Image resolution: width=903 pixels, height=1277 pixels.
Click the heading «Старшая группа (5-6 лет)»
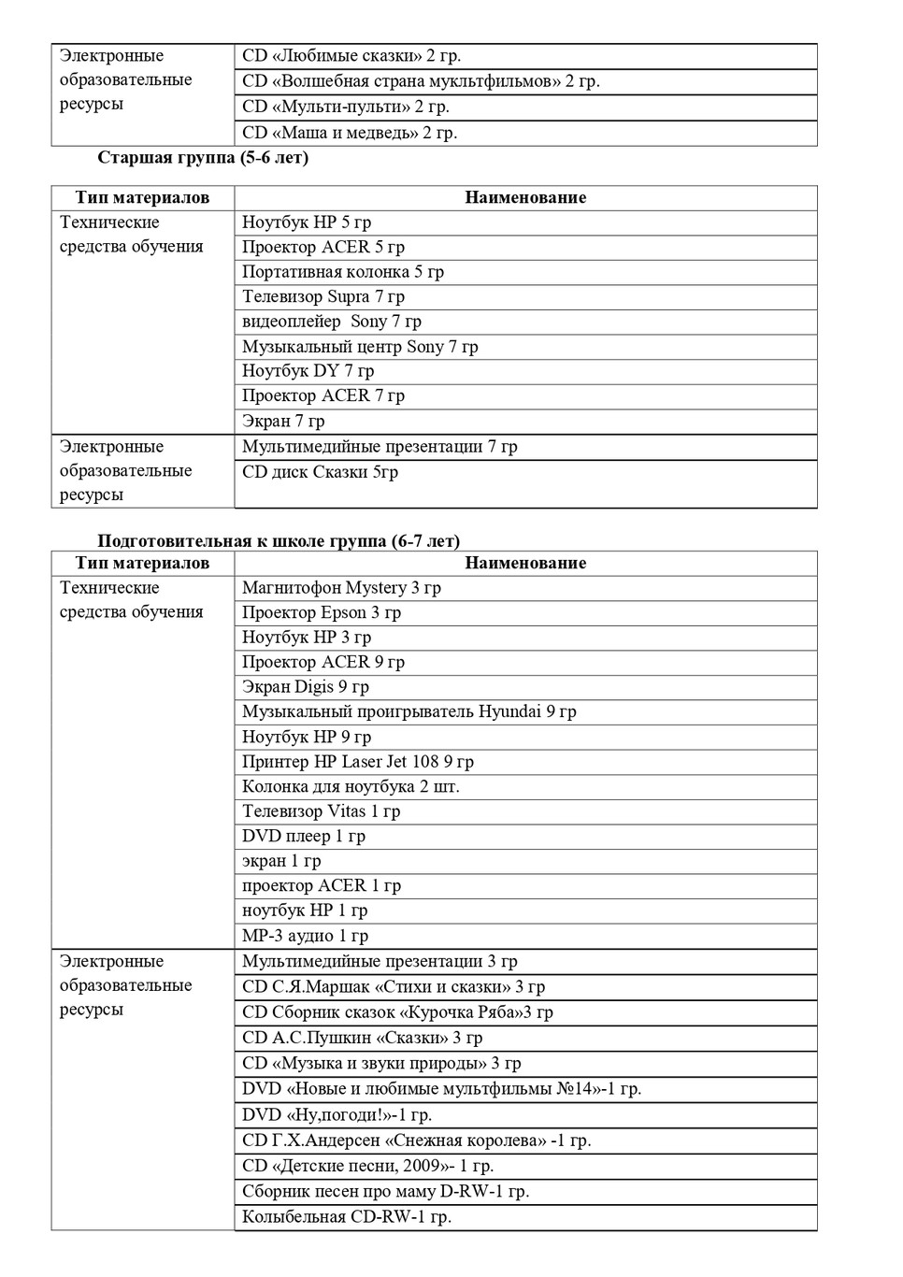[x=203, y=158]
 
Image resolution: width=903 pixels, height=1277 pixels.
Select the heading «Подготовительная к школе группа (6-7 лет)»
[x=279, y=541]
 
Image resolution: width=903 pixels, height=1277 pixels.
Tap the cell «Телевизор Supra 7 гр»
[x=323, y=297]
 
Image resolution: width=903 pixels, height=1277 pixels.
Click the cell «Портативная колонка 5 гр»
[x=343, y=272]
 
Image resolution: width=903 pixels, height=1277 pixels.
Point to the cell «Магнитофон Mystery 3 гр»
[x=341, y=588]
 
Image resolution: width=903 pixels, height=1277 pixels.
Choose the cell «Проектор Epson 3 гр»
[x=322, y=613]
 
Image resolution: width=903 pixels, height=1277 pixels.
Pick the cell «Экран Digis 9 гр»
[x=306, y=687]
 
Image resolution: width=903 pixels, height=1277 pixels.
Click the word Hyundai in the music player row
[x=509, y=711]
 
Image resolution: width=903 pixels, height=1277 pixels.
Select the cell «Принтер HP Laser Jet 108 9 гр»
[x=358, y=762]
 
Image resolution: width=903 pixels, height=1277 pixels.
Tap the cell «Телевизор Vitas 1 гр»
[x=321, y=811]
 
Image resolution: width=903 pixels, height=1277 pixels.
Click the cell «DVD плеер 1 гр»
[x=304, y=837]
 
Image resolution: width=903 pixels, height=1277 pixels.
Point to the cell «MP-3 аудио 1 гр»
[x=306, y=936]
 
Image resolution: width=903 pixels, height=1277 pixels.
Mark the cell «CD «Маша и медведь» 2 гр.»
[x=350, y=133]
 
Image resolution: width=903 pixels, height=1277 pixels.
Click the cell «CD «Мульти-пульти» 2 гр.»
[x=346, y=107]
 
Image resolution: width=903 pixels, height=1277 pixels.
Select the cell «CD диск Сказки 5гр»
[x=320, y=472]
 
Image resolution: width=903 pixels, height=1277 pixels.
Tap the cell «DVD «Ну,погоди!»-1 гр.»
[x=337, y=1115]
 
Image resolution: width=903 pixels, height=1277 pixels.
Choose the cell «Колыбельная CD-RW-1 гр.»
[x=347, y=1217]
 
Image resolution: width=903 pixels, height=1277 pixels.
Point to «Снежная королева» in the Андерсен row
[x=465, y=1141]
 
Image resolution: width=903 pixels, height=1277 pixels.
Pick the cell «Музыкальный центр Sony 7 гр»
[x=360, y=347]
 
